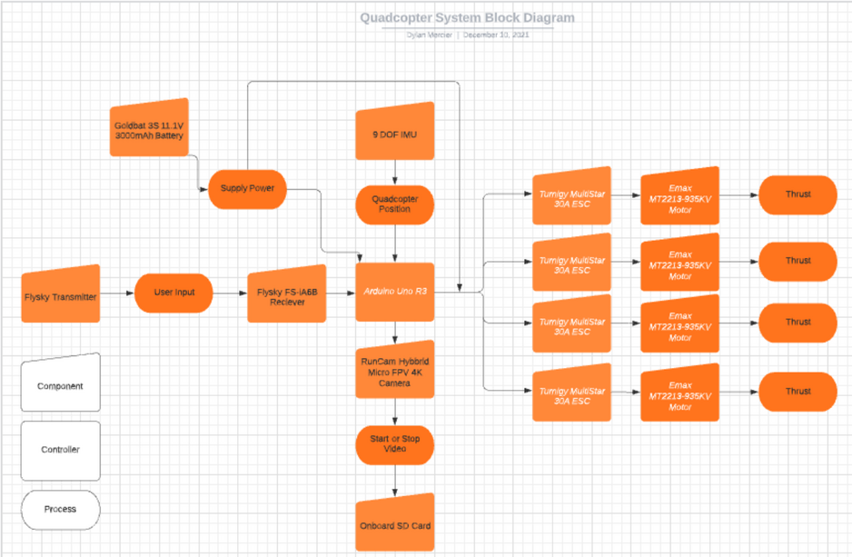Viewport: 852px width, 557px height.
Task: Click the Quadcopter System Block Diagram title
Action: [466, 17]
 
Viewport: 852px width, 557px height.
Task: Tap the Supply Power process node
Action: [247, 189]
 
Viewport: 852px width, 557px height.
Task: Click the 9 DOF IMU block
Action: [394, 134]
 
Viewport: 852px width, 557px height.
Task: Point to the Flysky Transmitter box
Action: [60, 295]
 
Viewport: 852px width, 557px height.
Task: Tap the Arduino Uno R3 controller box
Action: [394, 292]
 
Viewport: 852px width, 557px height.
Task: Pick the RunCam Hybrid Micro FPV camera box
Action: [394, 371]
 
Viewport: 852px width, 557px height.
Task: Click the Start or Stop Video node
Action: [394, 445]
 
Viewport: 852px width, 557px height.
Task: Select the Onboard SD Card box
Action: [394, 524]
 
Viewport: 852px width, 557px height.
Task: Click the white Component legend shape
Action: [60, 384]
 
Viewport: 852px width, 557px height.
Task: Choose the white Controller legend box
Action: [60, 450]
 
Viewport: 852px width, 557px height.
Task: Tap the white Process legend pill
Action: [60, 509]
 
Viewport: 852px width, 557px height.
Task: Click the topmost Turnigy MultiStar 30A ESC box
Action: [571, 198]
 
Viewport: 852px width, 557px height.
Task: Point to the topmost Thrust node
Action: [798, 194]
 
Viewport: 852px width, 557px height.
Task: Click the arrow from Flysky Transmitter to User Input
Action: [117, 294]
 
